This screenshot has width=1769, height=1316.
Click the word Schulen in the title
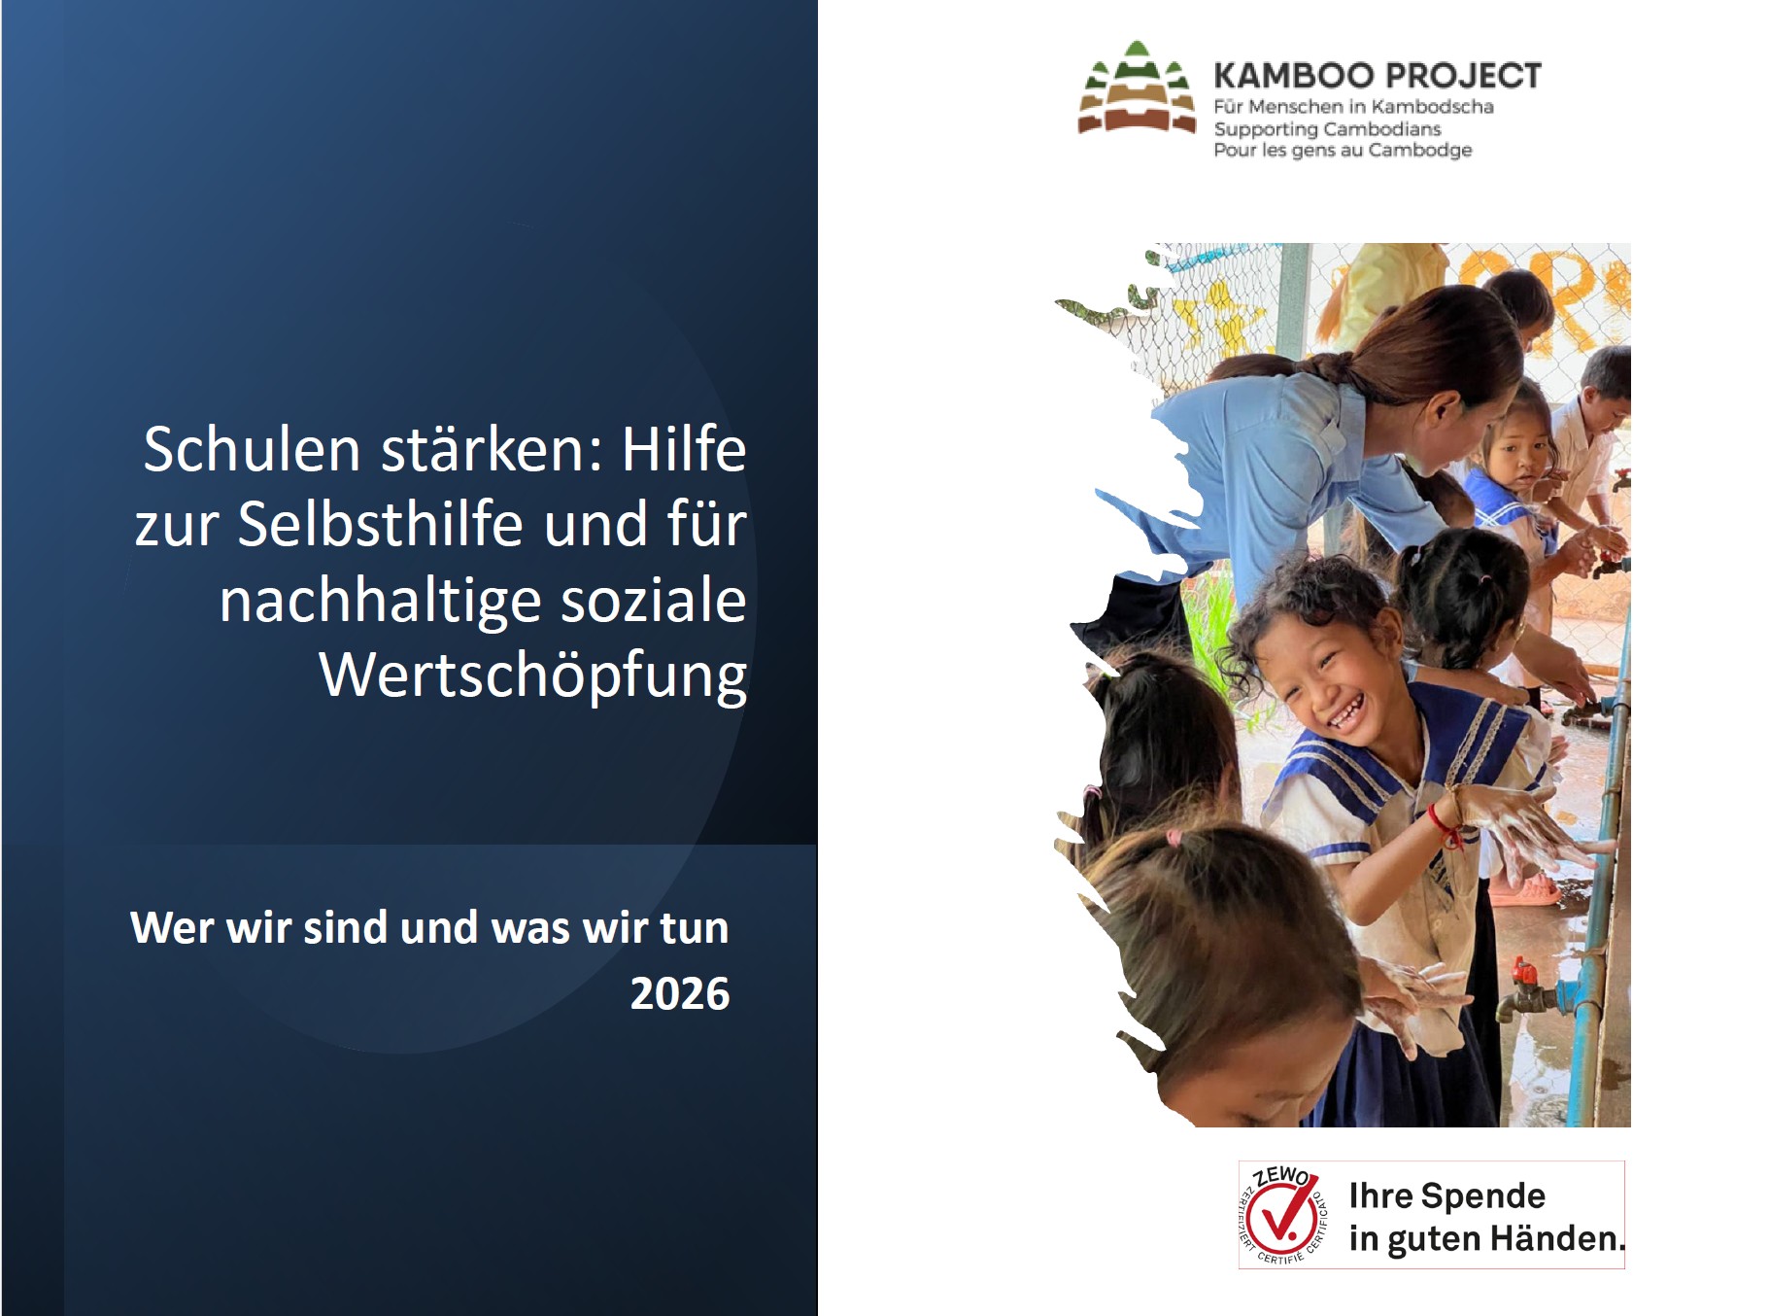pos(252,449)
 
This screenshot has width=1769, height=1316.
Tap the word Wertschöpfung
pos(533,675)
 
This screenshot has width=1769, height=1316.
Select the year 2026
pos(680,993)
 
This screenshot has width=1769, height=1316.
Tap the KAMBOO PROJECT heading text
pos(1378,76)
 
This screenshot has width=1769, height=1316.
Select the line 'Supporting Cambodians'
pos(1327,129)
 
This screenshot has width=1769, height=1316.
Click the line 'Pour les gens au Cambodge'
pos(1343,150)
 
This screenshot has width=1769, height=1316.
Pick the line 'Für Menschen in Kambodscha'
pos(1353,107)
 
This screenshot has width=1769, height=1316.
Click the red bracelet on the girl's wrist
pos(1444,827)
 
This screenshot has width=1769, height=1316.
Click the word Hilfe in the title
pos(684,449)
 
